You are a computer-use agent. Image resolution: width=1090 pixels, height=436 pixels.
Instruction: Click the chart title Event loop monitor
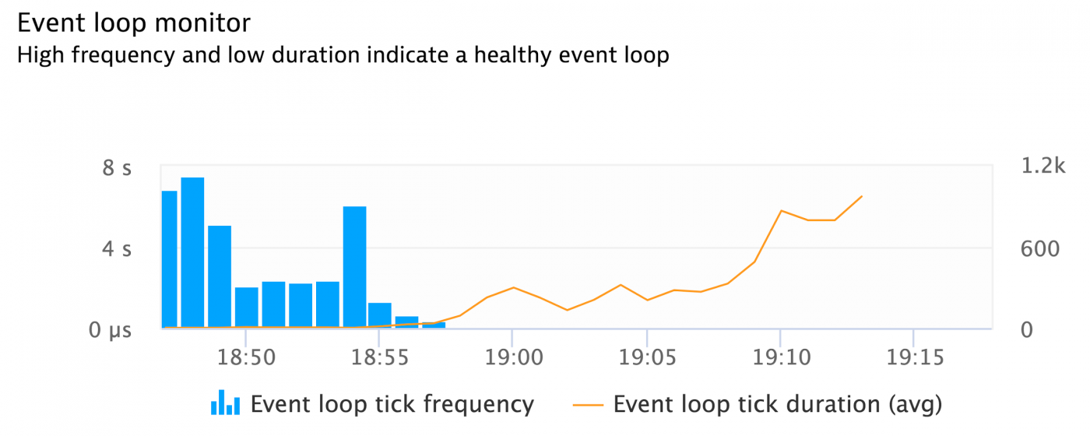pyautogui.click(x=134, y=23)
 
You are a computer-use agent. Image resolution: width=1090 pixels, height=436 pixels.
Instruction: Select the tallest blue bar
pyautogui.click(x=192, y=251)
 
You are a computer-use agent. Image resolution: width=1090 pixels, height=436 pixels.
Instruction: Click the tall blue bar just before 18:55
pyautogui.click(x=354, y=266)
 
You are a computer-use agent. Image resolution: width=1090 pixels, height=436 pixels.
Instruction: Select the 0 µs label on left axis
pyautogui.click(x=109, y=330)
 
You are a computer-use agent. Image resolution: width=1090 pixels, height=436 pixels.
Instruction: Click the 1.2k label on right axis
pyautogui.click(x=1041, y=166)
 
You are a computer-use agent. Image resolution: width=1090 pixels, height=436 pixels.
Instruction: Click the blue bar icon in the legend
pyautogui.click(x=225, y=403)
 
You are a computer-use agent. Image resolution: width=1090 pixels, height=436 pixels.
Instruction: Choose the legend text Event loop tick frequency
pyautogui.click(x=392, y=404)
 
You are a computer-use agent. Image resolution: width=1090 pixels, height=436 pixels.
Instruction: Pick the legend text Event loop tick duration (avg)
pyautogui.click(x=778, y=404)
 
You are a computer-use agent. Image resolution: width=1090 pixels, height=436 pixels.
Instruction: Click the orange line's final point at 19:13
pyautogui.click(x=862, y=196)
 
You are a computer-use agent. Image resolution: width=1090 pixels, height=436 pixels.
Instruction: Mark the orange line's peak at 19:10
pyautogui.click(x=781, y=211)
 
